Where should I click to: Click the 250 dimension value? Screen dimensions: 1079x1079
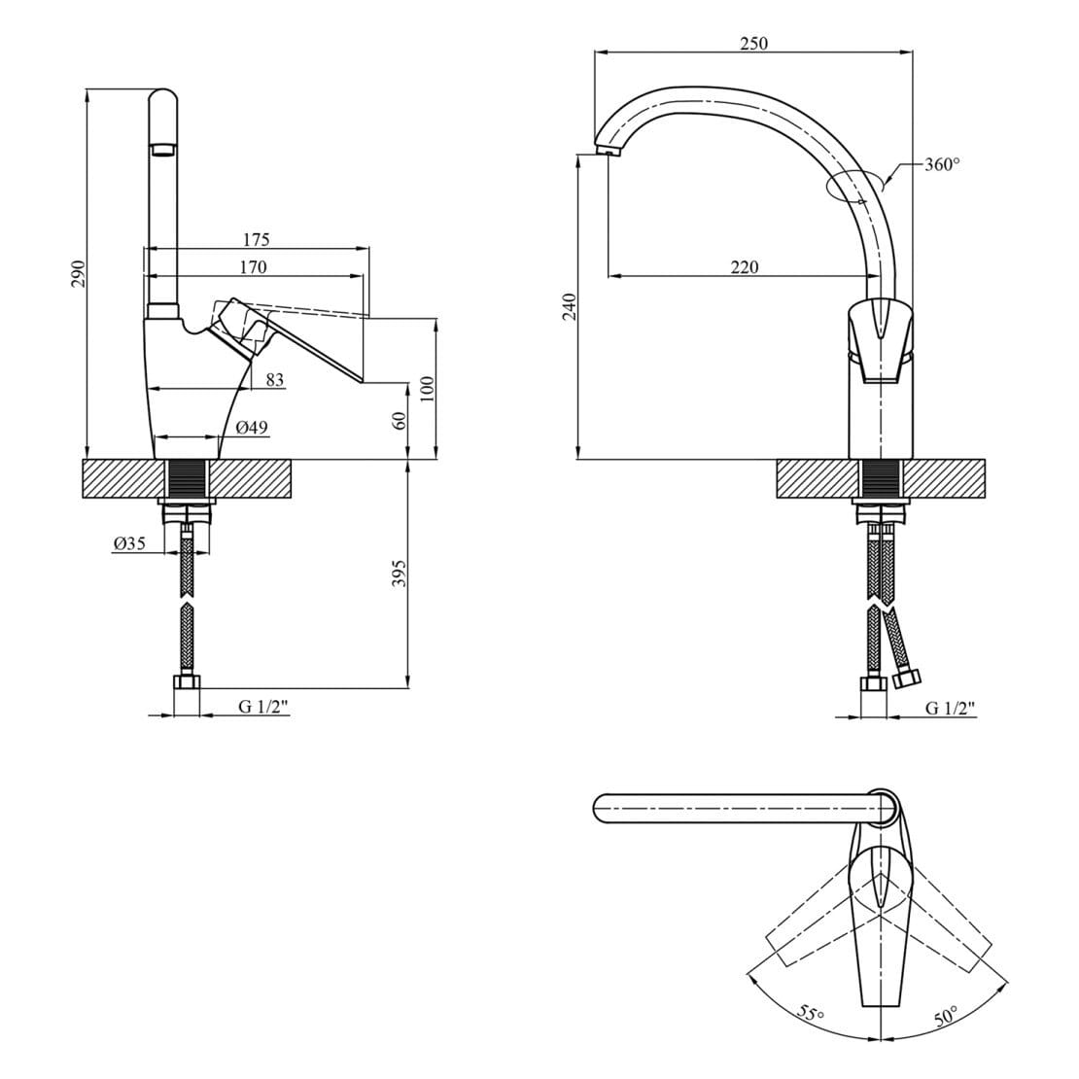(x=753, y=43)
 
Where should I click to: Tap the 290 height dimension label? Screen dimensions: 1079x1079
(x=79, y=274)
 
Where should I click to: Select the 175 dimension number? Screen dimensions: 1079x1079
(x=256, y=239)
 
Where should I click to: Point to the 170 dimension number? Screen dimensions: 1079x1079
(x=253, y=266)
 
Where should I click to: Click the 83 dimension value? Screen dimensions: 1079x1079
(x=274, y=379)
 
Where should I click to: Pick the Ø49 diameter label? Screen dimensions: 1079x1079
(x=252, y=428)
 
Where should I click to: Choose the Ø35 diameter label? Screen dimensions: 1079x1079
(x=129, y=543)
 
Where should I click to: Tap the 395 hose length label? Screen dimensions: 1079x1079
(x=400, y=574)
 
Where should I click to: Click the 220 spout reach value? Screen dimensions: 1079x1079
(x=744, y=266)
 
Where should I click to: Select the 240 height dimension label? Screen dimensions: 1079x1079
(x=569, y=307)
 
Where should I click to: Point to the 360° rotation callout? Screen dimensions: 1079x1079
(x=942, y=164)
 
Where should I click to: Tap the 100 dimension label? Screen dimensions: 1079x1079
(x=428, y=390)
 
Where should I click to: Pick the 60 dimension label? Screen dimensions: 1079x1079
(x=400, y=420)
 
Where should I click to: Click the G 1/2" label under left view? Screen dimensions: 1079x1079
(x=262, y=707)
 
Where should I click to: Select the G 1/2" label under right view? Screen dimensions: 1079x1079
(x=951, y=708)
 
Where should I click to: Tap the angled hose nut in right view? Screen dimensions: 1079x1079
(x=908, y=680)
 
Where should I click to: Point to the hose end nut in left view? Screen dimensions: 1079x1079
(x=187, y=682)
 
